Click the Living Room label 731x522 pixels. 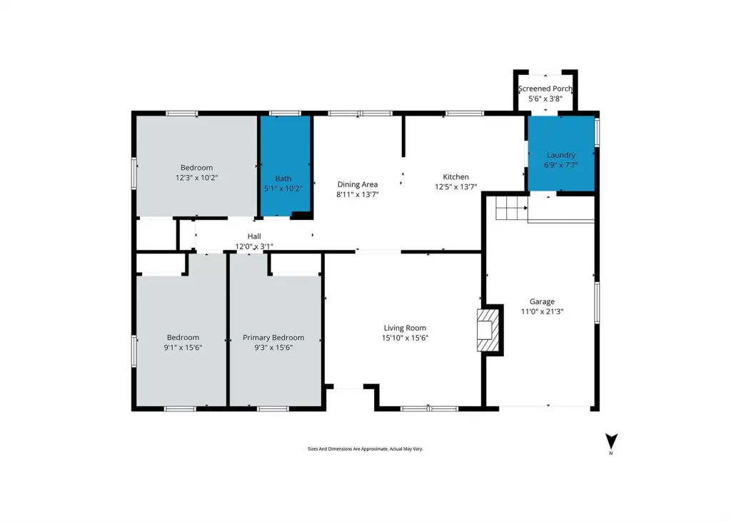pyautogui.click(x=405, y=328)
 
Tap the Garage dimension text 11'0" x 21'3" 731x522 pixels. pyautogui.click(x=542, y=311)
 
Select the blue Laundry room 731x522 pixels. pyautogui.click(x=561, y=154)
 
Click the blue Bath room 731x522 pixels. pyautogui.click(x=285, y=166)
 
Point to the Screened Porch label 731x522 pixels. pyautogui.click(x=545, y=89)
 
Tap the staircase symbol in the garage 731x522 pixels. pyautogui.click(x=511, y=208)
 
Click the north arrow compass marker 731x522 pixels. pyautogui.click(x=611, y=441)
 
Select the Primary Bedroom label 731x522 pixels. pyautogui.click(x=273, y=337)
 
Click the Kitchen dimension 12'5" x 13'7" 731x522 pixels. pyautogui.click(x=455, y=187)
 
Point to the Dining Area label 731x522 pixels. pyautogui.click(x=358, y=184)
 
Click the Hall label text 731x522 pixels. pyautogui.click(x=254, y=236)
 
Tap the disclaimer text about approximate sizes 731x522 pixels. pyautogui.click(x=365, y=448)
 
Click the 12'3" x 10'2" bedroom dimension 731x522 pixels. pyautogui.click(x=197, y=178)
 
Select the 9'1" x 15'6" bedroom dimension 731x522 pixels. pyautogui.click(x=183, y=348)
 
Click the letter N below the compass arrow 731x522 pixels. pyautogui.click(x=611, y=453)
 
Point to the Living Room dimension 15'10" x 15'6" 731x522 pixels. pyautogui.click(x=405, y=338)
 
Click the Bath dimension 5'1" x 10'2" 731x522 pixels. pyautogui.click(x=283, y=189)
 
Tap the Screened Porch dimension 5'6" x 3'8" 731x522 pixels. pyautogui.click(x=545, y=99)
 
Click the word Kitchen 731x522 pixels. pyautogui.click(x=455, y=177)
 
